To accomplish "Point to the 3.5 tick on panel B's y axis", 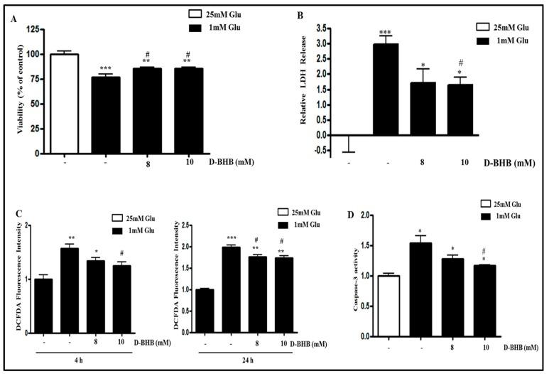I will pyautogui.click(x=325, y=28).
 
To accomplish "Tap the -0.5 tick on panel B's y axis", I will pyautogui.click(x=323, y=150).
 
